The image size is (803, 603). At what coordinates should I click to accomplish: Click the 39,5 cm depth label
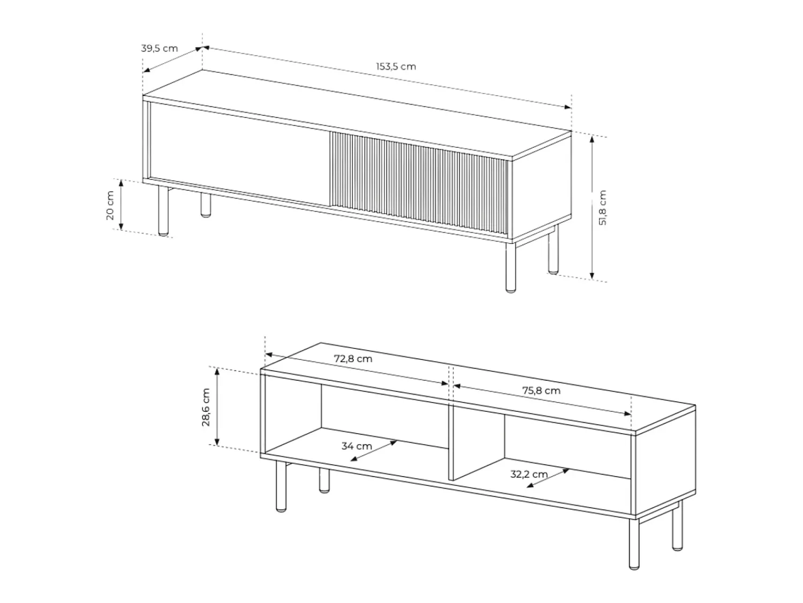click(x=159, y=48)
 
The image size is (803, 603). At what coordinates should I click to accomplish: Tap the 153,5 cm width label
click(x=396, y=66)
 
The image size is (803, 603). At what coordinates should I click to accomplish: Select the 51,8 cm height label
click(x=603, y=207)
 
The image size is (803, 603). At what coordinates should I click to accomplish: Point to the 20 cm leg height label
click(x=110, y=205)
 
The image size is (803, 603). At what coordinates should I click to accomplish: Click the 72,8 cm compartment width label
click(x=353, y=359)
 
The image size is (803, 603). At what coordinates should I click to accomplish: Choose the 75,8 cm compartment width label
click(x=541, y=391)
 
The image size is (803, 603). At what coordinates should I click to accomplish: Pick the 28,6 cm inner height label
click(x=206, y=407)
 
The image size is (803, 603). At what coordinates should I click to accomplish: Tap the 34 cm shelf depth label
click(x=357, y=446)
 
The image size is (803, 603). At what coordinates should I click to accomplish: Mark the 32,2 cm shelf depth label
click(x=529, y=474)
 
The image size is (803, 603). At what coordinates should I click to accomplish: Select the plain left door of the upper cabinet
click(x=240, y=154)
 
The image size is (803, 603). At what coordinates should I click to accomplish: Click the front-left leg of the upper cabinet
click(x=163, y=211)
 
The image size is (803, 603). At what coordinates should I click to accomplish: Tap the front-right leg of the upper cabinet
click(x=510, y=266)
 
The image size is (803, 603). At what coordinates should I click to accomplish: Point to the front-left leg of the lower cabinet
click(x=281, y=486)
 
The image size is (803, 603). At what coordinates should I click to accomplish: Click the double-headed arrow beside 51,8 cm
click(x=592, y=207)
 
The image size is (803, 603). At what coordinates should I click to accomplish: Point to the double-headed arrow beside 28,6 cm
click(x=217, y=407)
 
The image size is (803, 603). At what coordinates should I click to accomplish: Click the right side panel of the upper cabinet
click(x=542, y=190)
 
